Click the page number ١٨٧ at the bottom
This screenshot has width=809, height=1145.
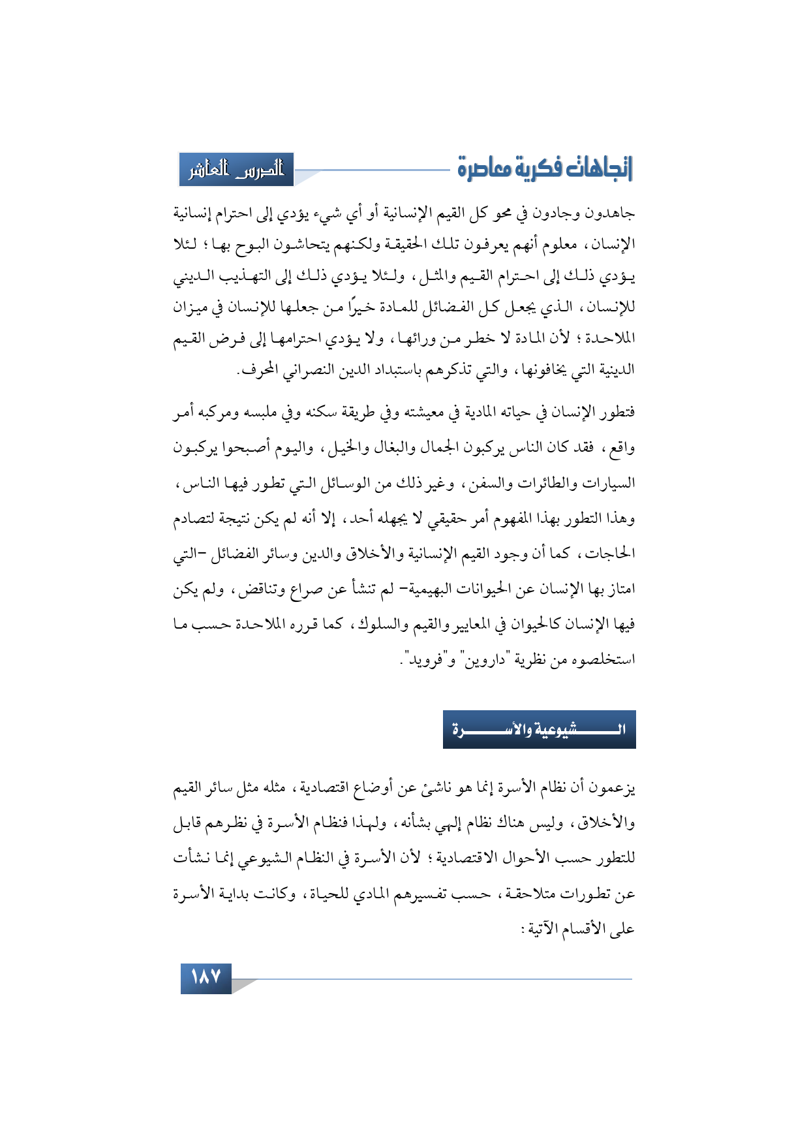point(206,978)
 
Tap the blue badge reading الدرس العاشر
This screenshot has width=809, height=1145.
point(236,170)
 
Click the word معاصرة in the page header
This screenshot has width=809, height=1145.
point(482,168)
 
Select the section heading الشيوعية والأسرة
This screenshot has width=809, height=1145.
point(539,729)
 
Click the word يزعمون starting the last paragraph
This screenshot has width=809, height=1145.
point(612,788)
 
